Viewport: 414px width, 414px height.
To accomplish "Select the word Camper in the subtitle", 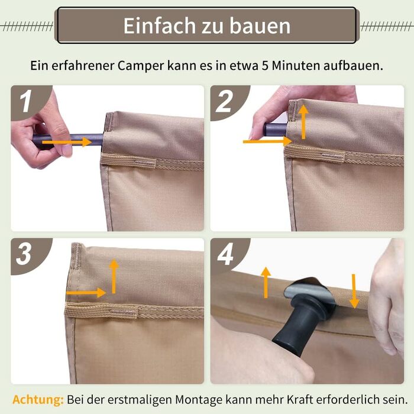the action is click(x=141, y=66).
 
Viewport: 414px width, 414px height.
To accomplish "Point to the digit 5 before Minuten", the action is click(x=265, y=66).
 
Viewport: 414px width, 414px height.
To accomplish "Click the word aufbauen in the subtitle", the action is click(x=353, y=66).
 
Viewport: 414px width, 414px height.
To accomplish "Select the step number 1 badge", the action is click(x=27, y=101).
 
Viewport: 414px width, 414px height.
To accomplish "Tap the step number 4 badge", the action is click(x=225, y=255).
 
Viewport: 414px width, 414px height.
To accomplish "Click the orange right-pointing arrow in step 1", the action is click(x=67, y=142).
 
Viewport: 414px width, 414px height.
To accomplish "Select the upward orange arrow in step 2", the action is click(x=303, y=122).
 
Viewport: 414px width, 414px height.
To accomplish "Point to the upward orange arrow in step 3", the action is click(x=114, y=276).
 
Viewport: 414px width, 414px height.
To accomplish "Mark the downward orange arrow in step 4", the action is click(x=354, y=291).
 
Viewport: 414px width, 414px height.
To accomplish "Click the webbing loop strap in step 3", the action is click(x=102, y=310).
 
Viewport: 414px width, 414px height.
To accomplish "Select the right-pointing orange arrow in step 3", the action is click(x=86, y=293).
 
